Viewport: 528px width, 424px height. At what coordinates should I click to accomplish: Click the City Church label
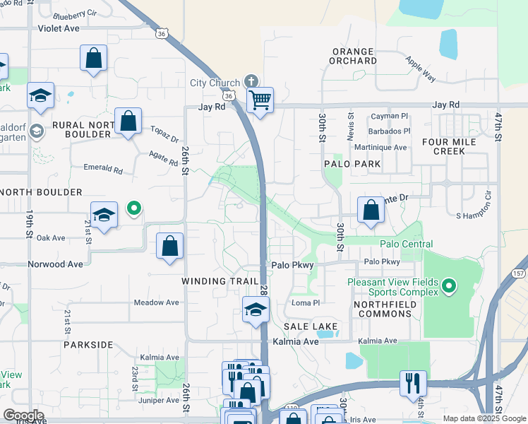(x=215, y=83)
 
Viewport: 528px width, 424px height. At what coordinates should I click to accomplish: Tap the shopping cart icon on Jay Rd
(x=260, y=101)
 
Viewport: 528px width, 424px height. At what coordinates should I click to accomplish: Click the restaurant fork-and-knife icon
(x=413, y=383)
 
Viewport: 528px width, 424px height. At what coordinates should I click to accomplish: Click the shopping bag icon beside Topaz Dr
(x=128, y=121)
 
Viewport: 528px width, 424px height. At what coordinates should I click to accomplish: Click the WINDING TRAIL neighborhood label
(x=220, y=281)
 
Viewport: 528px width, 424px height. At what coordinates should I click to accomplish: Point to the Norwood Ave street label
(x=55, y=264)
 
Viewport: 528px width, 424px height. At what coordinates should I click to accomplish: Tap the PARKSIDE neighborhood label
(x=88, y=345)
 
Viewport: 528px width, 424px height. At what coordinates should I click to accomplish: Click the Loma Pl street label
(x=306, y=303)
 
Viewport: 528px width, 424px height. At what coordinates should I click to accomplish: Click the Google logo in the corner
(x=23, y=415)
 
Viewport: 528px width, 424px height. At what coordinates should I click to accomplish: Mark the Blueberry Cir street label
(x=75, y=13)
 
